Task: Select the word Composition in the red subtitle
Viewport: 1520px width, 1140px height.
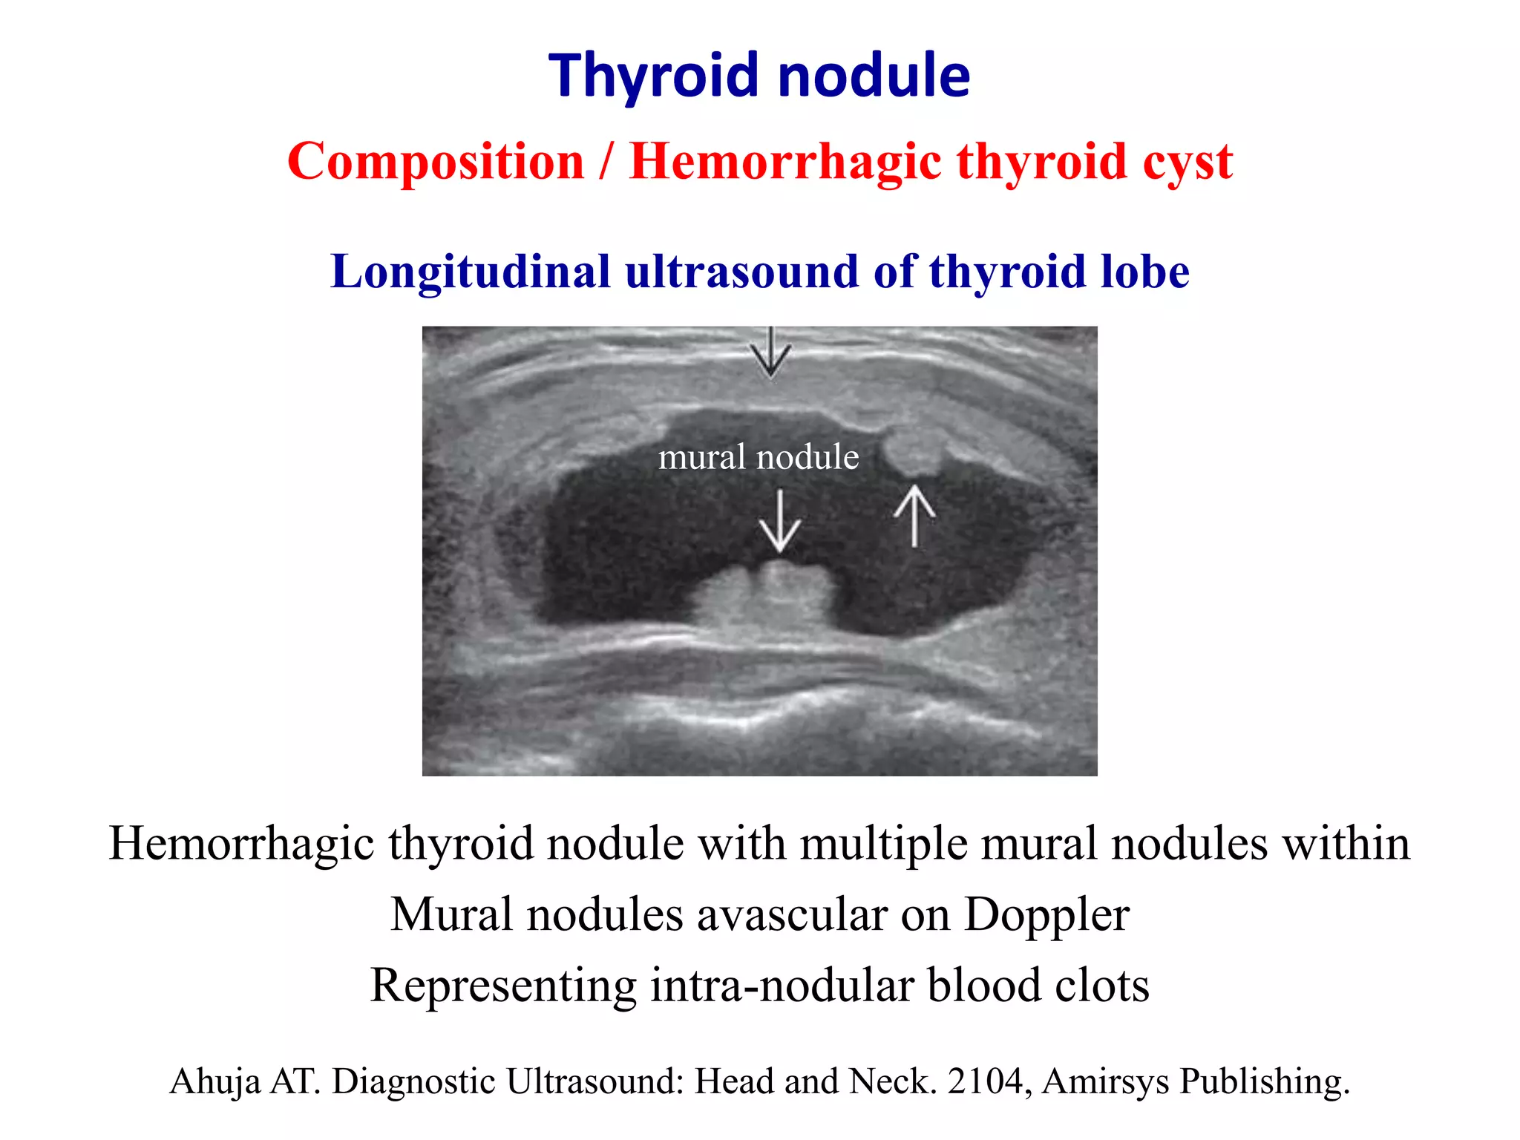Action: point(436,161)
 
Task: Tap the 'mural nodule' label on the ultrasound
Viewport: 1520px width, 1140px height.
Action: point(759,456)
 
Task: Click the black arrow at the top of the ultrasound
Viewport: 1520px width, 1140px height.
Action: point(770,353)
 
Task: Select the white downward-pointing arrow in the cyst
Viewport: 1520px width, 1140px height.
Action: point(779,521)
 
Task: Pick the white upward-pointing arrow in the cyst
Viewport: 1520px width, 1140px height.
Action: point(914,515)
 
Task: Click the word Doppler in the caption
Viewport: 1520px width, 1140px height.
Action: point(1046,914)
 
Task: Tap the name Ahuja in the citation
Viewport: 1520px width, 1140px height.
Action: point(214,1081)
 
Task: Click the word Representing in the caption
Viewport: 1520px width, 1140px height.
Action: point(503,986)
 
